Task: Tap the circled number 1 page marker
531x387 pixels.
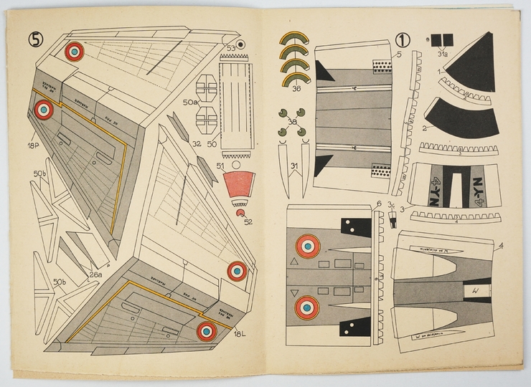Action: (x=403, y=40)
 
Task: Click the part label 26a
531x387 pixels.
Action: (x=95, y=274)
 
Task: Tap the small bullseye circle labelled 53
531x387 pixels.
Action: (x=241, y=44)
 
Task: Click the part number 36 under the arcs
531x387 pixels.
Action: (x=296, y=89)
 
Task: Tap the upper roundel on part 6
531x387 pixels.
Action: (x=308, y=246)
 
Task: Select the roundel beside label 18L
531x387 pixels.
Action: (x=207, y=331)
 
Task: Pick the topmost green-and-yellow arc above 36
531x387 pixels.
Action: (x=293, y=38)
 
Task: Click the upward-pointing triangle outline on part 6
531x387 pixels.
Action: (x=293, y=262)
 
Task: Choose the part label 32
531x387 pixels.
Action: (x=196, y=143)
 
